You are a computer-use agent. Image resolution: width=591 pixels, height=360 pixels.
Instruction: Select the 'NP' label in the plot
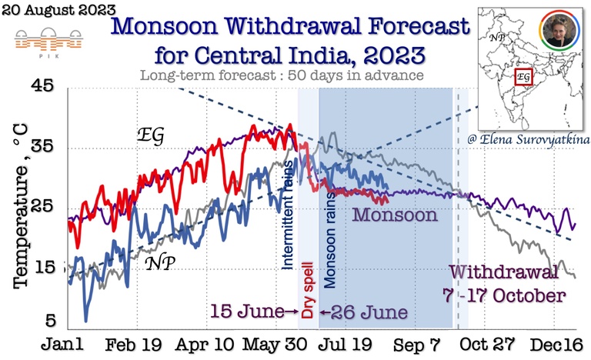click(160, 263)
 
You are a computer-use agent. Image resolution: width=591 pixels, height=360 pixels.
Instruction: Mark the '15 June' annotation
click(247, 313)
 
